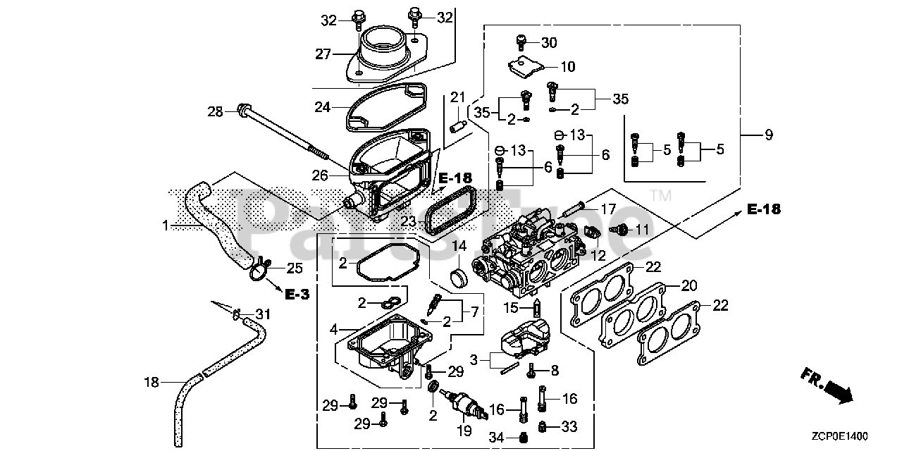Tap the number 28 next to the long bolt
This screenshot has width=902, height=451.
tap(215, 111)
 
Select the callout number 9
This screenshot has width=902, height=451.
tap(768, 135)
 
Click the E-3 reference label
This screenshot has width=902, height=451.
tap(297, 295)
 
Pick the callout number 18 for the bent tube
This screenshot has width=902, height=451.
tap(152, 383)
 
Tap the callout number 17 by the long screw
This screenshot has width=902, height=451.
tap(609, 209)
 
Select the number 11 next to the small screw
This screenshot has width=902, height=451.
tap(642, 229)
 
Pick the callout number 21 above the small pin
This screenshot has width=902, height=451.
tap(459, 97)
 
